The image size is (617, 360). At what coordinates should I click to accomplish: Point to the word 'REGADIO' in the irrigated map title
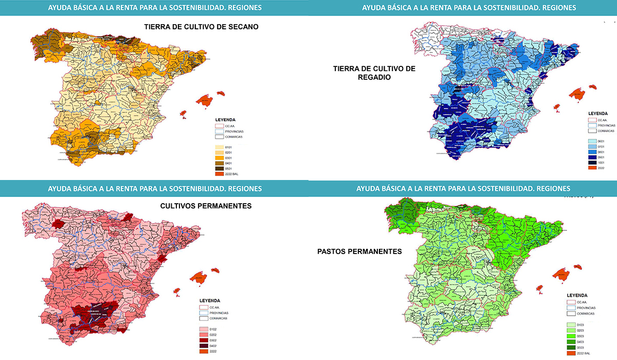click(374, 77)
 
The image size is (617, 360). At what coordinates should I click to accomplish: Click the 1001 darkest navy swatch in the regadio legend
click(592, 161)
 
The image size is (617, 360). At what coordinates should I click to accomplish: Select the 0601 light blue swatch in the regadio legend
click(592, 140)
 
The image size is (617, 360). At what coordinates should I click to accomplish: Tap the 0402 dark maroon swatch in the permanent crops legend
click(204, 346)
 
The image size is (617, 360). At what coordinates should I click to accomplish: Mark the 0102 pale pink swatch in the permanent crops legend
click(204, 329)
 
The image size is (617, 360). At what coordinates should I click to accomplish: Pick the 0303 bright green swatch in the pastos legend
click(571, 336)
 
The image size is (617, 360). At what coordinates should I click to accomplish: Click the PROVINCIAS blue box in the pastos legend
click(570, 308)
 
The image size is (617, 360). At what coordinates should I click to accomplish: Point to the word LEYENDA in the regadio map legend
click(598, 114)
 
